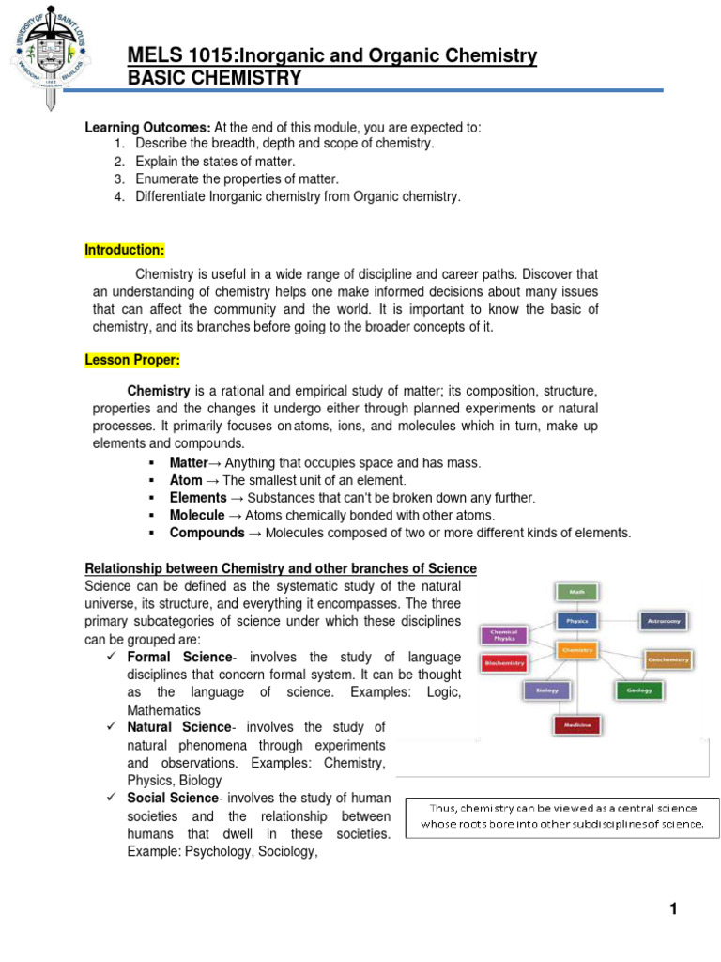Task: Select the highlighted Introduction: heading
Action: coord(125,250)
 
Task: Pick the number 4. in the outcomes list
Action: coord(119,196)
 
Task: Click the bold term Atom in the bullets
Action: coord(186,480)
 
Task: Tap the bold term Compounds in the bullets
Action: coord(207,533)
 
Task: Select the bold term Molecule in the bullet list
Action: coord(197,515)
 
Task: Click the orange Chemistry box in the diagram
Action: coord(578,649)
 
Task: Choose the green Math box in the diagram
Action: coord(578,592)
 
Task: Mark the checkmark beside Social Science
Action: coord(111,798)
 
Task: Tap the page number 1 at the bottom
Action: coord(673,908)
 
